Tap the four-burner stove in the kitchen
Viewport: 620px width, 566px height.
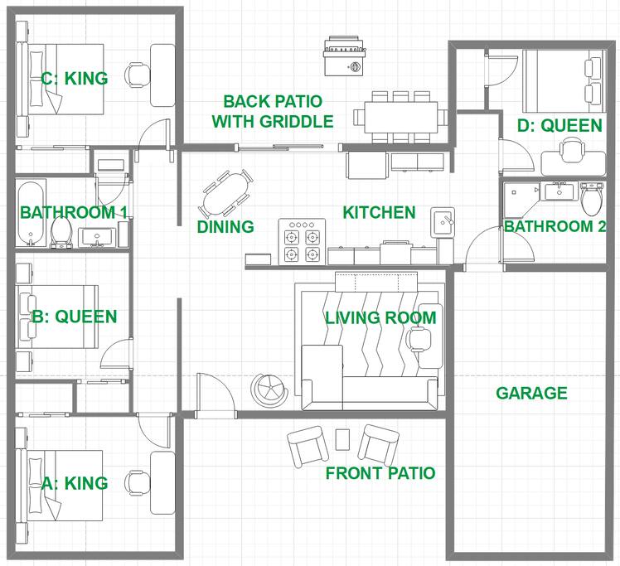[x=302, y=241]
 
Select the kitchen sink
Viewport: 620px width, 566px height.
[x=443, y=223]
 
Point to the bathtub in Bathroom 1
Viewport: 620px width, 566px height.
[x=31, y=213]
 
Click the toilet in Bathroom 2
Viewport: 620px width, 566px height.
[x=592, y=198]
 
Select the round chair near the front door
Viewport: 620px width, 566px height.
[x=269, y=389]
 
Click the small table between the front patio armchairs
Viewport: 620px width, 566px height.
[x=342, y=439]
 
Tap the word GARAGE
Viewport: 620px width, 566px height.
[x=531, y=393]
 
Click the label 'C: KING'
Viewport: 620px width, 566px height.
[x=75, y=78]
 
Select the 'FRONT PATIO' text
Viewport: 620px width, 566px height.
[x=380, y=473]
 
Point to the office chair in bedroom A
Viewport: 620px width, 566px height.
[x=136, y=482]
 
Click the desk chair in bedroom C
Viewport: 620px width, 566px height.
[x=137, y=75]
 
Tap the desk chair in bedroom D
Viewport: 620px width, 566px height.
[x=572, y=149]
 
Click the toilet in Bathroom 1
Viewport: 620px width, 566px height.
[x=61, y=232]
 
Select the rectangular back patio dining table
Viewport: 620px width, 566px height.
[x=400, y=118]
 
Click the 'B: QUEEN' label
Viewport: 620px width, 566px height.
[x=75, y=317]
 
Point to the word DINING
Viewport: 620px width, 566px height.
[x=225, y=227]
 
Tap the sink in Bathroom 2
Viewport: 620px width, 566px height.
[x=559, y=191]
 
